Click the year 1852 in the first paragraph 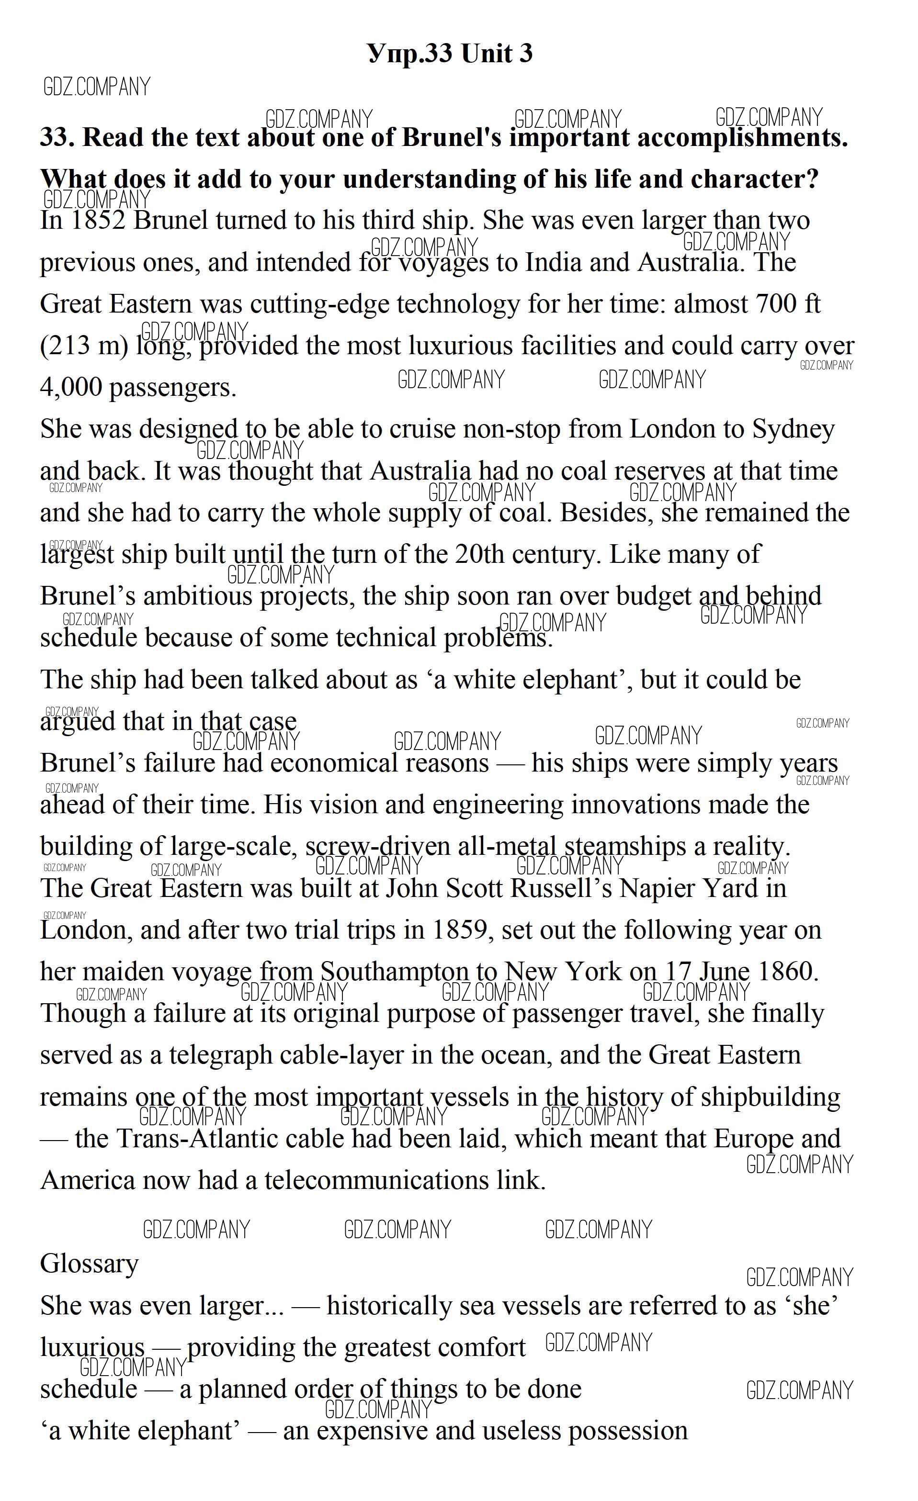(98, 221)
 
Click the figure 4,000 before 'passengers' (71, 387)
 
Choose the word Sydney (793, 429)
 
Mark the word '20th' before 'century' (480, 554)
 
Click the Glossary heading (89, 1264)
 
